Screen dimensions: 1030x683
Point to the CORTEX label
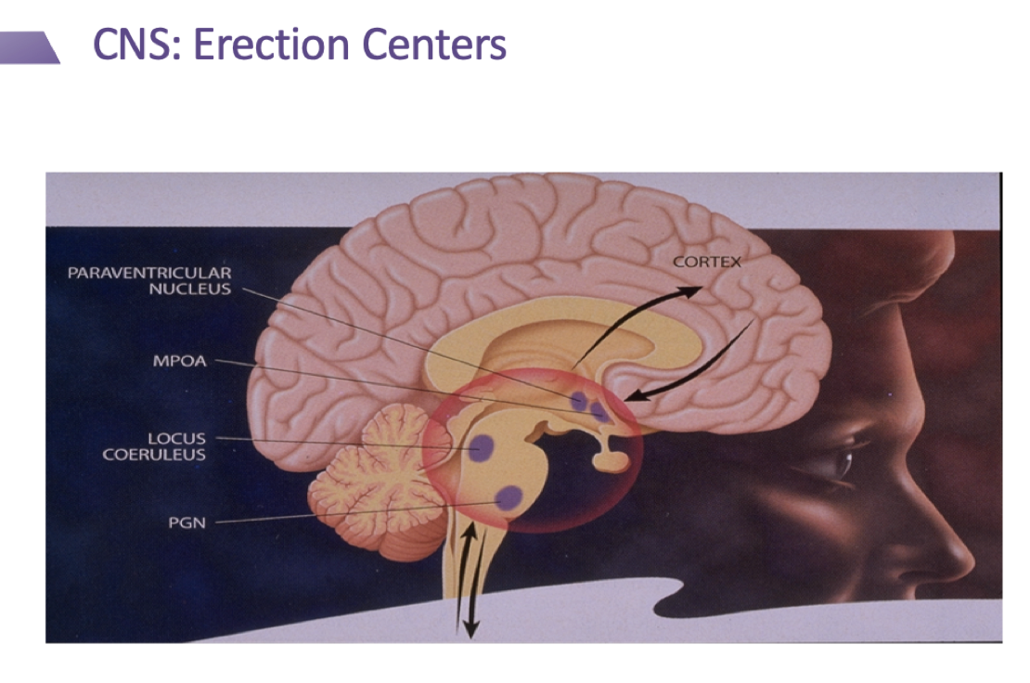tap(707, 262)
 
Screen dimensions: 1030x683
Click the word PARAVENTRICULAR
tap(149, 273)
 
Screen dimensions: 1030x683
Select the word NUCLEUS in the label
tap(190, 289)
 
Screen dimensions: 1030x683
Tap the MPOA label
tap(179, 361)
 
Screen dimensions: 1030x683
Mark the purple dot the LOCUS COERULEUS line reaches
tap(481, 448)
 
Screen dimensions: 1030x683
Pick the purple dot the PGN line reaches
tap(509, 499)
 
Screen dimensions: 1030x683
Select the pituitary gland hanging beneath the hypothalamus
tap(612, 457)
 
